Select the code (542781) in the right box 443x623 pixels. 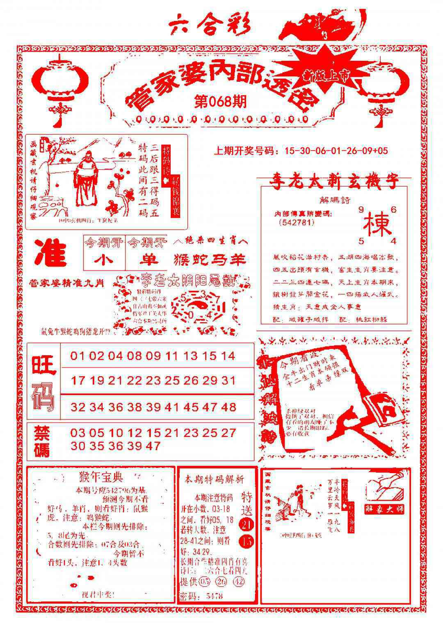coord(296,223)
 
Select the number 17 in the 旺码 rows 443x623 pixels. coord(78,381)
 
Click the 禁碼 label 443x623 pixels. coord(42,441)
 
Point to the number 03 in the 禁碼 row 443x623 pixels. coord(78,433)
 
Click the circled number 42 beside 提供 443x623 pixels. coord(238,582)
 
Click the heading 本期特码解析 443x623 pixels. coord(214,479)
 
